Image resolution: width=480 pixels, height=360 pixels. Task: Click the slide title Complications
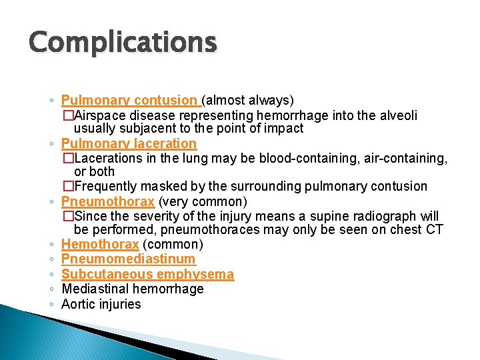(123, 43)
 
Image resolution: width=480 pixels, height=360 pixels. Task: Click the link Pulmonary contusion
(130, 101)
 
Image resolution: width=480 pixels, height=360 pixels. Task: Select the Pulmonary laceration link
(129, 143)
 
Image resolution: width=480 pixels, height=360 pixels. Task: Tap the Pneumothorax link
(108, 201)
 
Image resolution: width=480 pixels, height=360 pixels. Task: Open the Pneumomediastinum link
(129, 259)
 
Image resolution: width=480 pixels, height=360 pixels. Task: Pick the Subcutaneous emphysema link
(147, 274)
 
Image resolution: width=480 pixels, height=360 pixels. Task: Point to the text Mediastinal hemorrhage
(132, 289)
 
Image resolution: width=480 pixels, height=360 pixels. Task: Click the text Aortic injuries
(101, 304)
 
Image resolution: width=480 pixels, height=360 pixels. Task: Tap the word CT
(433, 230)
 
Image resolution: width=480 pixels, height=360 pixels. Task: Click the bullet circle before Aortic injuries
(52, 305)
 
